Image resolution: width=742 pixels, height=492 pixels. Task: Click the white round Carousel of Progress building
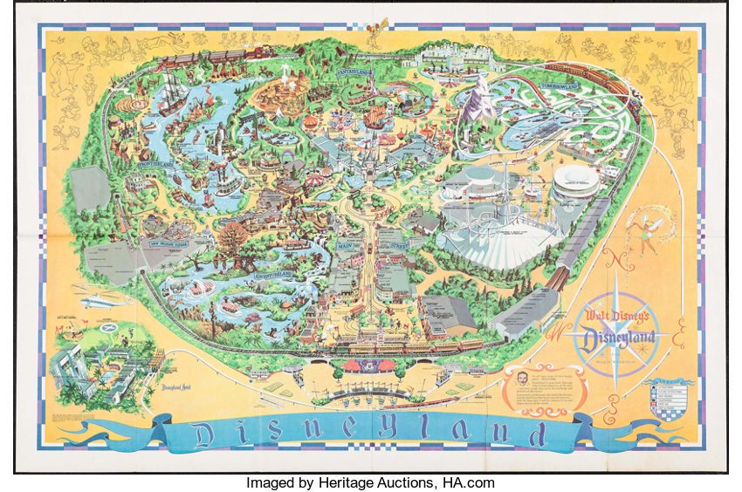(576, 182)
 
